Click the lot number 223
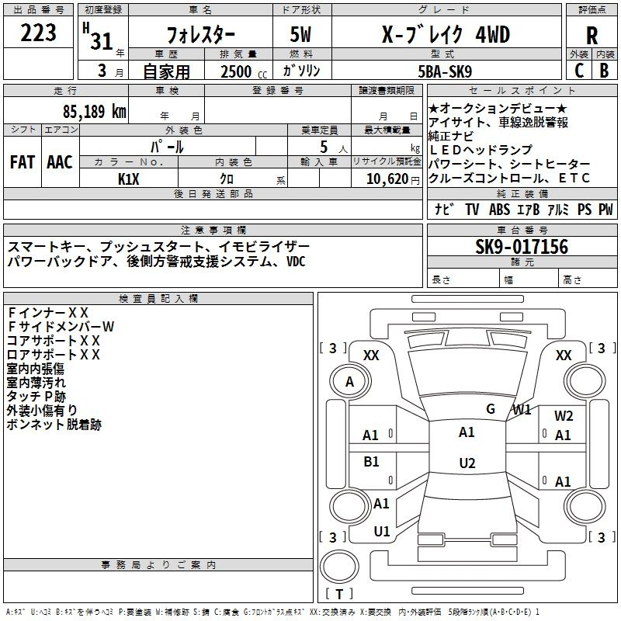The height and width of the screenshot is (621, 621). coord(38,32)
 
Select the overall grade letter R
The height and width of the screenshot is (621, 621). coord(592,36)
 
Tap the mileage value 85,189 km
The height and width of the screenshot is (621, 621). coord(94,111)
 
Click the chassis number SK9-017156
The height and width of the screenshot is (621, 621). coord(522,246)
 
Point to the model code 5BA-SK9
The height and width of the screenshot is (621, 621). coord(445,71)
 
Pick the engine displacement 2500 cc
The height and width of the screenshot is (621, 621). coord(244,71)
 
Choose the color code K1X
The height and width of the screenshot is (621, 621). coord(129,179)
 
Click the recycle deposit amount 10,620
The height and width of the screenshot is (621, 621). coord(387,179)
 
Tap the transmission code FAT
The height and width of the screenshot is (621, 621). coord(23,162)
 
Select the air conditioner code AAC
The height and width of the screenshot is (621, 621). coord(60,162)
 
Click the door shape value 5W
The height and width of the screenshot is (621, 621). coord(300,34)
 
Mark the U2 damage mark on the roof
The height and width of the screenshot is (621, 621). coord(467,463)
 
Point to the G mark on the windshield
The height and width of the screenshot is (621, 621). coord(491,409)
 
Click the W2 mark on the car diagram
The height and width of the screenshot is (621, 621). coord(564,416)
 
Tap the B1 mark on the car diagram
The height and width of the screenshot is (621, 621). coord(371,461)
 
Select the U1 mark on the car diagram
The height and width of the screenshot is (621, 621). coord(382,532)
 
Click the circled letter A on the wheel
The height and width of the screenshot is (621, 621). coord(350,382)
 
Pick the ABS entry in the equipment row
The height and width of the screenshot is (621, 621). coord(499,209)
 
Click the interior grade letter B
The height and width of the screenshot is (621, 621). coord(604,71)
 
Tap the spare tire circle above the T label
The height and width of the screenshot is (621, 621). coord(339,567)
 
